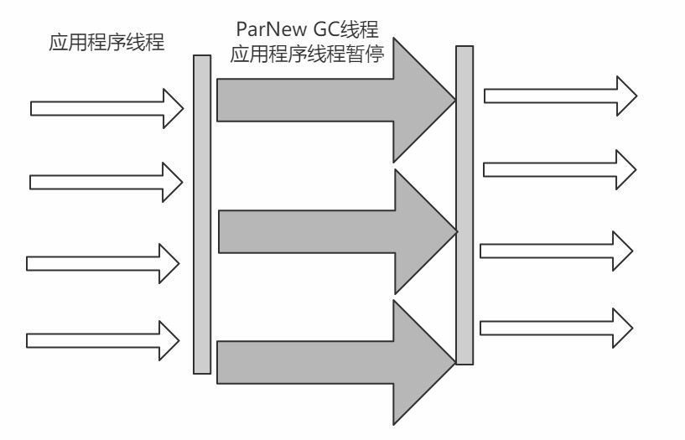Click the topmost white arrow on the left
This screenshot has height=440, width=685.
point(105,108)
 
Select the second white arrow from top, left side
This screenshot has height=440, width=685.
point(105,181)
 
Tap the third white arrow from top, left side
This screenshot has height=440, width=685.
point(102,263)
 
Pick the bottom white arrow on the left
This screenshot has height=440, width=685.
point(102,339)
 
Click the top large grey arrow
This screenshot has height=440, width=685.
point(335,101)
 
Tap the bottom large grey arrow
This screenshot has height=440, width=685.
point(335,360)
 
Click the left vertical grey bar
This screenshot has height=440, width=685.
point(201,214)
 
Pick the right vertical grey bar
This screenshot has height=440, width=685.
point(464,205)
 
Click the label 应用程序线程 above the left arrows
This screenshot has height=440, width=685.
point(106,43)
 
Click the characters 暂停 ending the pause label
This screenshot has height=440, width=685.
point(369,57)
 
